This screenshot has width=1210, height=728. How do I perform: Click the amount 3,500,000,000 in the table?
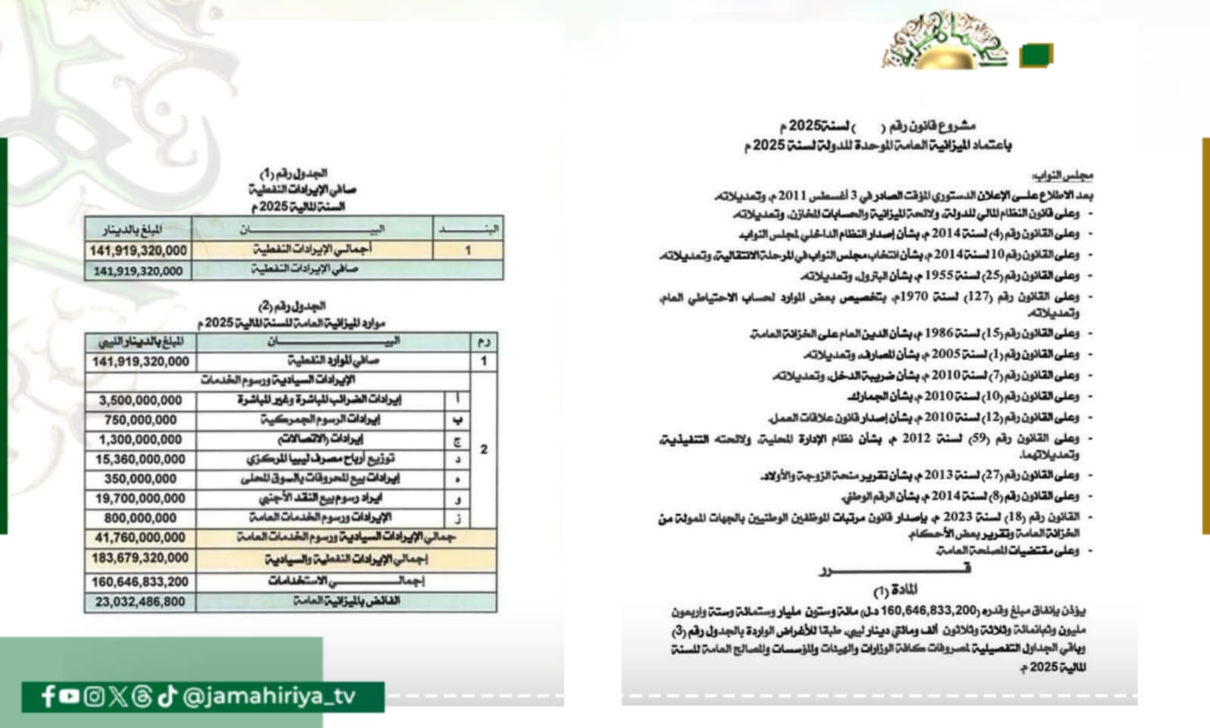[141, 401]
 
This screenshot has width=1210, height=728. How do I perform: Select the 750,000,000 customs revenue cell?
[141, 420]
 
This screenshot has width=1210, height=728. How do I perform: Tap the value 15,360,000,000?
[141, 460]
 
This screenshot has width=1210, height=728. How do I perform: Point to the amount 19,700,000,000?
[141, 499]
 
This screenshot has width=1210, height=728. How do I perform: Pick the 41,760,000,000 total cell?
[141, 538]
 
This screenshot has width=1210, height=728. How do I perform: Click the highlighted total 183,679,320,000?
[141, 559]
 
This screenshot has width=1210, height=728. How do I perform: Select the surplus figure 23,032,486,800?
[141, 603]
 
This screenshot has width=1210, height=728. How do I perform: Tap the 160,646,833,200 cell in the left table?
[141, 582]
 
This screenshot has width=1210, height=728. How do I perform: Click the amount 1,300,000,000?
[141, 440]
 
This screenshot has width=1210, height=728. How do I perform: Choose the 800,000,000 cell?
[141, 519]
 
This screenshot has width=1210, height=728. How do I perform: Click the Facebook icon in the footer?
[48, 696]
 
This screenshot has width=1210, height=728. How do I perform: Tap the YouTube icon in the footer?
[69, 696]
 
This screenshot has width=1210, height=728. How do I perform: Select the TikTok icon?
[167, 696]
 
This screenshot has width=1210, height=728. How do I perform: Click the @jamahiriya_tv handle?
[269, 696]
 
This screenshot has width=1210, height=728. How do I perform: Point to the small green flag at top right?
[1035, 55]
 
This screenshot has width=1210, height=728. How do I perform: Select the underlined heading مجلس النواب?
[1063, 176]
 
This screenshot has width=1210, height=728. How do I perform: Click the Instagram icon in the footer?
[94, 696]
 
